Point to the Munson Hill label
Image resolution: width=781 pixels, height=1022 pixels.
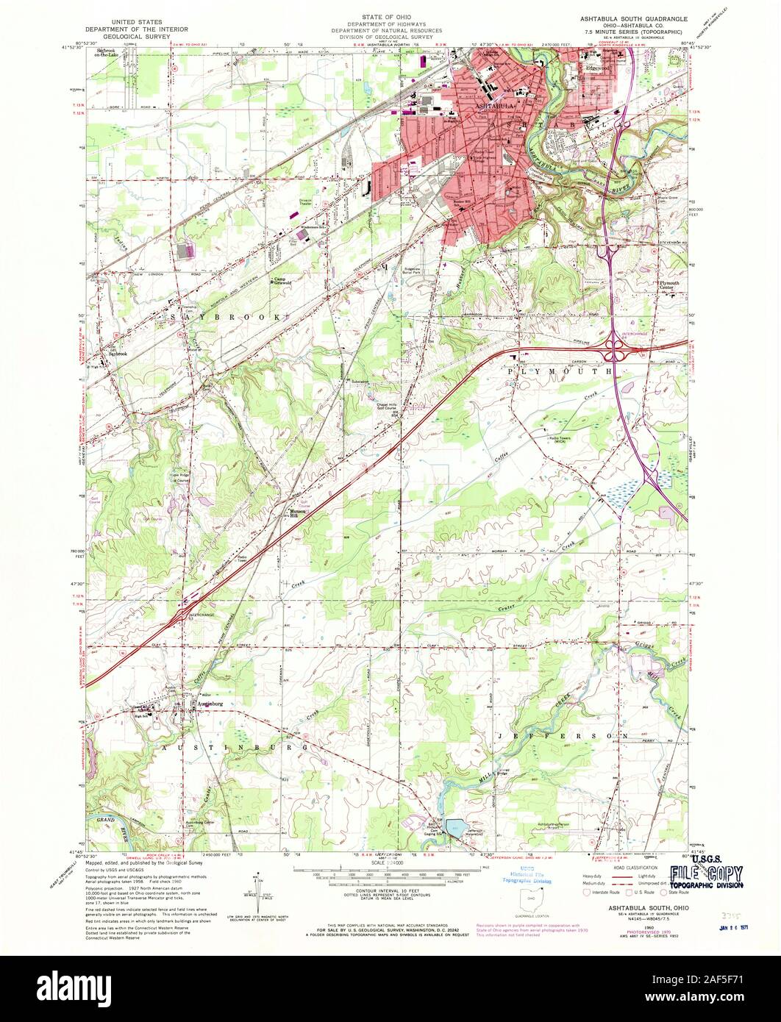[x=296, y=515]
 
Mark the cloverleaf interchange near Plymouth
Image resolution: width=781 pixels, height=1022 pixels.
[x=616, y=351]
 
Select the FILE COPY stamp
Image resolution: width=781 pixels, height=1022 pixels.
[x=705, y=874]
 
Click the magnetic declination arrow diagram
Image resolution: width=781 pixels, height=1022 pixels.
[x=260, y=885]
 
